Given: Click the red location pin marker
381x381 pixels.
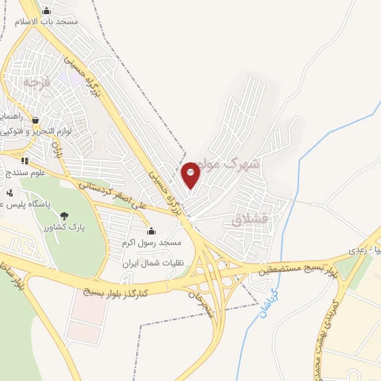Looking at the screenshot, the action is (x=190, y=174).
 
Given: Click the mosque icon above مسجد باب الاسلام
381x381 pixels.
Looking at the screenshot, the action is (x=48, y=10).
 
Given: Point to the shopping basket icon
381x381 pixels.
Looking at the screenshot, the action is (x=35, y=119).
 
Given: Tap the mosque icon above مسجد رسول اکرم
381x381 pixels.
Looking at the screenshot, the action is (x=151, y=231).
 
